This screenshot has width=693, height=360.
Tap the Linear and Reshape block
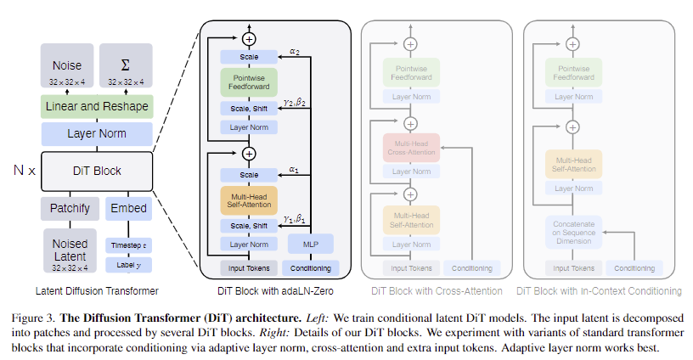coord(97,106)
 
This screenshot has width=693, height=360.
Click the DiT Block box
coord(96,171)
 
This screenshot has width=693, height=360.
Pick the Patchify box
coord(69,208)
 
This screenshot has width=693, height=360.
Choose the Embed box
coord(128,208)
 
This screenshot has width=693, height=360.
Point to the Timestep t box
coord(128,244)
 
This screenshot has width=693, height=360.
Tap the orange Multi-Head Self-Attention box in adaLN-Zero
coord(249,200)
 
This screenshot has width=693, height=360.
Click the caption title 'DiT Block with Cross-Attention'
coord(436,291)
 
